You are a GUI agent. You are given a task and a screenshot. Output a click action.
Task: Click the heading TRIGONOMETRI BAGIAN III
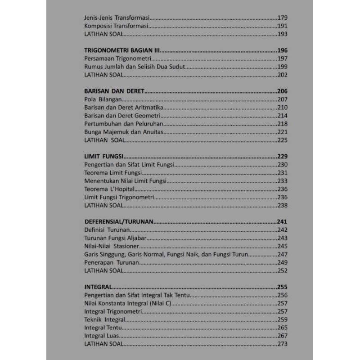coord(122,50)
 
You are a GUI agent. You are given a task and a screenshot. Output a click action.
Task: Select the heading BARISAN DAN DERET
coord(114,91)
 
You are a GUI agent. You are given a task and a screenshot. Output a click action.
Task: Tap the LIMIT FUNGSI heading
coord(104,157)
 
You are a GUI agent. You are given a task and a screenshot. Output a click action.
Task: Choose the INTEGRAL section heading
coord(98,287)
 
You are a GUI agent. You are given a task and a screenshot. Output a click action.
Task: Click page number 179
coord(282,18)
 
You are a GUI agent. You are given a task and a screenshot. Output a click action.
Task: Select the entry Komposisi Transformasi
coord(116,26)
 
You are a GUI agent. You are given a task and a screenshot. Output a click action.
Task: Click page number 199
coord(282,67)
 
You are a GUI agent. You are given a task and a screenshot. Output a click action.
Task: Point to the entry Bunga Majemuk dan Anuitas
coord(123,132)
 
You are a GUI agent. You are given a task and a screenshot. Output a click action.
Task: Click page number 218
coord(282,124)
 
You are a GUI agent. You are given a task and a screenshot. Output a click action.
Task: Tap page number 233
coord(282,181)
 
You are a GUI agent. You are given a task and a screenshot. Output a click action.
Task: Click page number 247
coord(282,254)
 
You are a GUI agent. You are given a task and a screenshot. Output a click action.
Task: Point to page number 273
coord(282,344)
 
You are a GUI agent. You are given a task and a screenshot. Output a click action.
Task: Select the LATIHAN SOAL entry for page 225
coord(104,140)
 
